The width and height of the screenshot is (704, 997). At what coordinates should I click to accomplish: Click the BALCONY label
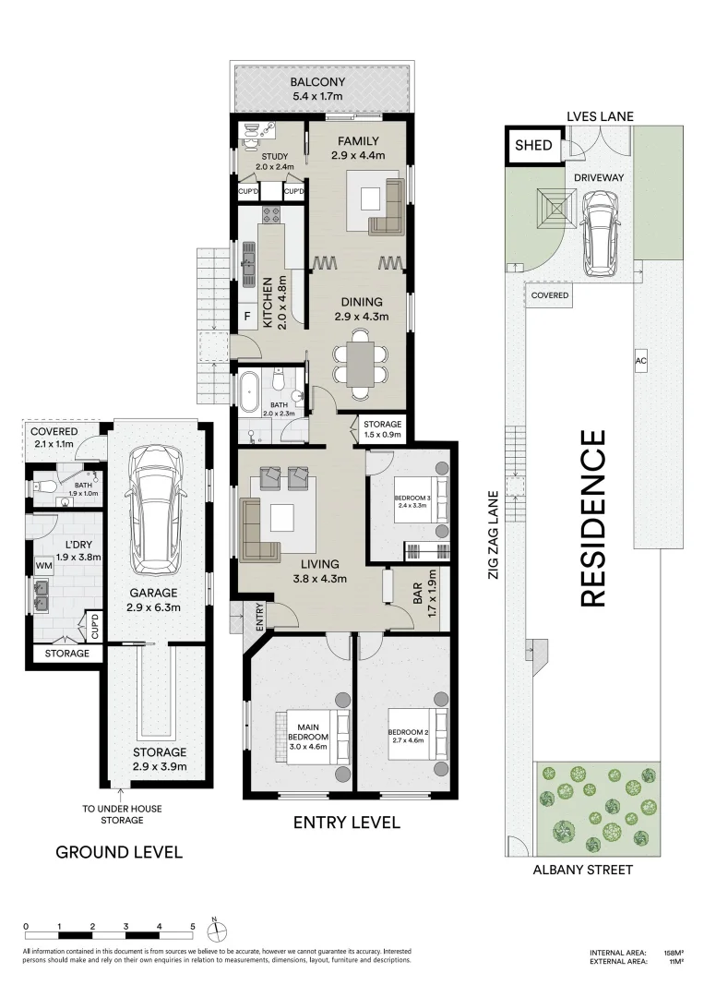pos(317,82)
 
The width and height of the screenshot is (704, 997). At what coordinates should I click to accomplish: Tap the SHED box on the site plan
pos(533,145)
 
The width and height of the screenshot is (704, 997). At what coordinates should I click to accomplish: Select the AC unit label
pos(640,361)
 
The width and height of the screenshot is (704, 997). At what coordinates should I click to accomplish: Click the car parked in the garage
pos(154,510)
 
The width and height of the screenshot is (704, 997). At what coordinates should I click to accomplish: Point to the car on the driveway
pos(599,234)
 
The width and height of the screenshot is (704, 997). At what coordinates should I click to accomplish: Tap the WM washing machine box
pos(44,565)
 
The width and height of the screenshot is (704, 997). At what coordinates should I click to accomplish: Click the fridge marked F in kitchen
pos(247,316)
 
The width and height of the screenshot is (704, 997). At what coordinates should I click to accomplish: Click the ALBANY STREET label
pos(582,870)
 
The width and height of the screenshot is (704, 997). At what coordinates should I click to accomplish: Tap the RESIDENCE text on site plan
pos(592,518)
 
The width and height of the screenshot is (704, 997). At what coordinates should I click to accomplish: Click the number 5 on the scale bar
pos(193,927)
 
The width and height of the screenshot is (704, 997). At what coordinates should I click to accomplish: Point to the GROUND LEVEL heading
pos(119,852)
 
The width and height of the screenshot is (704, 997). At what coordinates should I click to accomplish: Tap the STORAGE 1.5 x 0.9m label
pos(383,429)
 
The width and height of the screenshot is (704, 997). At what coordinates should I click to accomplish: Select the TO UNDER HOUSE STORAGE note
pos(122,814)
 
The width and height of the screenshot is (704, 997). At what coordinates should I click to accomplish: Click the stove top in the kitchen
pos(272,214)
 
